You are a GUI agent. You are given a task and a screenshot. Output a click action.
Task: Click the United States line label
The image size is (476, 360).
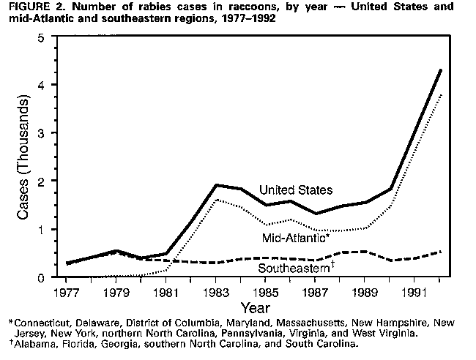click(296, 190)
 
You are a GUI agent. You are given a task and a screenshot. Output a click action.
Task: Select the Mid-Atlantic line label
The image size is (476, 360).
click(292, 238)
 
